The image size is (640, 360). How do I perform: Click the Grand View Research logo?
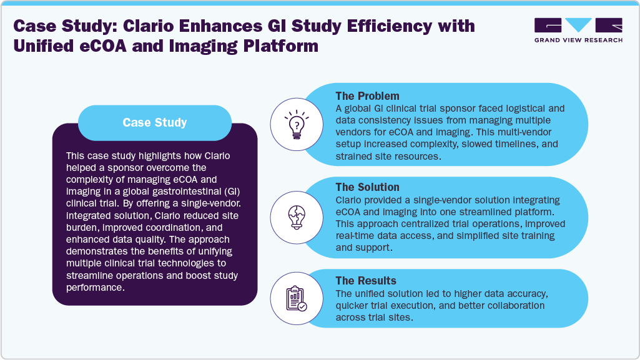(x=578, y=26)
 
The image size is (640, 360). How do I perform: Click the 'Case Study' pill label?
(x=154, y=122)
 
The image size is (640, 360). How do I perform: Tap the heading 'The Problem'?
(x=367, y=96)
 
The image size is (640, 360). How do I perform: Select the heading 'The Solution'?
(x=367, y=187)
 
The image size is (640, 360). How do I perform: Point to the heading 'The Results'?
(x=365, y=281)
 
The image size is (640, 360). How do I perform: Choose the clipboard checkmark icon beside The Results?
(x=295, y=298)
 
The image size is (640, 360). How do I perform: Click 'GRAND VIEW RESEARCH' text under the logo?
(x=578, y=40)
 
